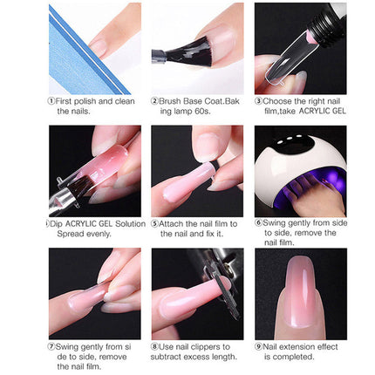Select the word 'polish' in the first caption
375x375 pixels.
click(79, 101)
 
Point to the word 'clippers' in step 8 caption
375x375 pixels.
click(213, 346)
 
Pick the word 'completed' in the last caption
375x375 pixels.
click(298, 356)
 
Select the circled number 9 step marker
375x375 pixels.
click(258, 346)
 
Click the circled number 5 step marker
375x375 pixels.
click(154, 223)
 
